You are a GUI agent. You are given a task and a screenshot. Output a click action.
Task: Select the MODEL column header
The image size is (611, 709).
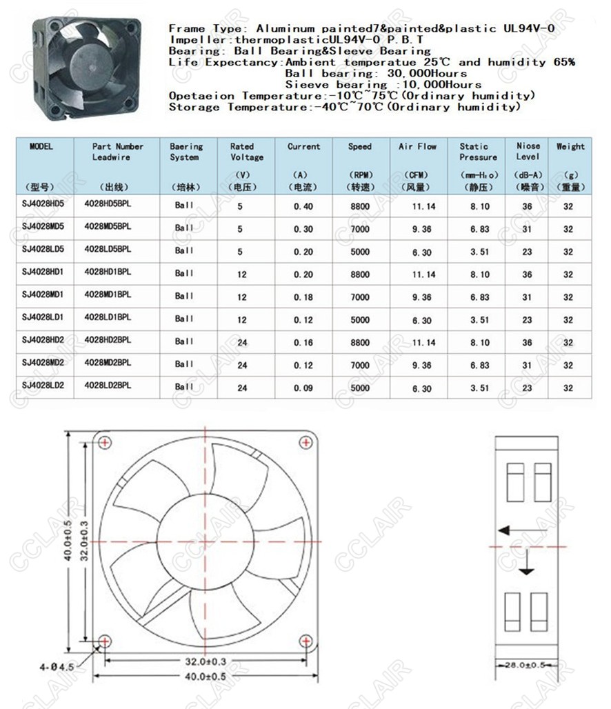[41, 146]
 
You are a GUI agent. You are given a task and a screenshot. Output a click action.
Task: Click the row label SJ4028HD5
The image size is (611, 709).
[43, 205]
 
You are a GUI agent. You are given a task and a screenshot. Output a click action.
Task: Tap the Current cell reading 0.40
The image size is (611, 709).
[303, 206]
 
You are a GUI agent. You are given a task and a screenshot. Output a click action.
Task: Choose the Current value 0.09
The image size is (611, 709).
[303, 388]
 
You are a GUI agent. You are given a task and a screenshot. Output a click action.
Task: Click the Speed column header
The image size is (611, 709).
[359, 146]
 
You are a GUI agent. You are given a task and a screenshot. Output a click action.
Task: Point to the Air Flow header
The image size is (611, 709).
[417, 146]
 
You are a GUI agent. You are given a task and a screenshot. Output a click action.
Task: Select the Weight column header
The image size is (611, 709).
[570, 146]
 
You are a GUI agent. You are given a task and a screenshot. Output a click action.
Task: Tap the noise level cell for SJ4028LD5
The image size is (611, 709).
[527, 252]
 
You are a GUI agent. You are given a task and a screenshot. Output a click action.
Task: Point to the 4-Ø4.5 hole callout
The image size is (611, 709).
[57, 667]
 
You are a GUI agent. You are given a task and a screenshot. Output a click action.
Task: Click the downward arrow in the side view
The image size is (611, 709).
[528, 568]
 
